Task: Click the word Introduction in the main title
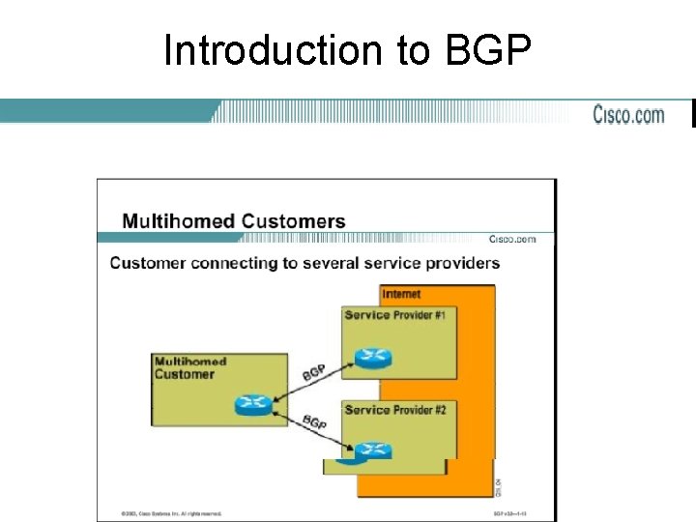coord(274,50)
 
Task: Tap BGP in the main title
coord(488,50)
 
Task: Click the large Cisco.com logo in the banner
coord(628,115)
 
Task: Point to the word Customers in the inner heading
coord(293,220)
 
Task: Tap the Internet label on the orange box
coord(401,294)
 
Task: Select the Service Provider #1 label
coord(394,314)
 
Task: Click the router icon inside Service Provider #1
coord(371,358)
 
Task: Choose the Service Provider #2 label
coord(394,410)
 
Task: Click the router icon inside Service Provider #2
coord(371,449)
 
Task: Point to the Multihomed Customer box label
coord(186,367)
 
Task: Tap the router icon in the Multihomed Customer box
coord(254,404)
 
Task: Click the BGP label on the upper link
coord(313,372)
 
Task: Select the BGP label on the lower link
coord(314,421)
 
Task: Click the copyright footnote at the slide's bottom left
coord(171,513)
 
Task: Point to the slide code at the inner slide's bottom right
coord(508,513)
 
